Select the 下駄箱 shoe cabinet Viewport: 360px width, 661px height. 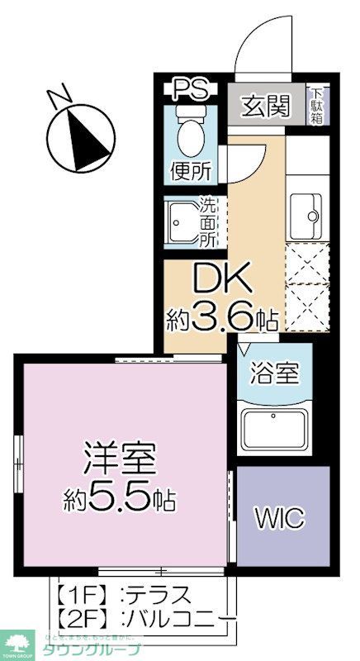[x=317, y=105]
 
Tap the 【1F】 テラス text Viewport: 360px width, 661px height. [x=124, y=594]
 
